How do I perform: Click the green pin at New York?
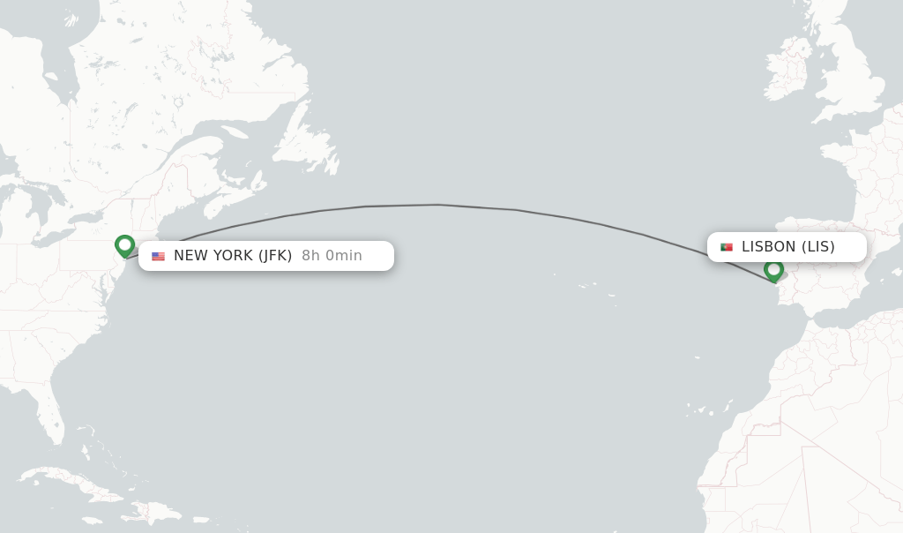point(124,244)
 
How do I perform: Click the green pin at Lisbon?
point(773,269)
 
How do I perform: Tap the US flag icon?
point(158,256)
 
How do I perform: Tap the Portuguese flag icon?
point(727,247)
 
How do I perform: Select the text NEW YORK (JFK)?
point(233,256)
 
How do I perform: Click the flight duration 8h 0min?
point(332,256)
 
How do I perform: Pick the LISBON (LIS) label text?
point(787,247)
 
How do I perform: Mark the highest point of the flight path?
point(437,205)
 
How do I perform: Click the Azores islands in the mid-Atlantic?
point(586,285)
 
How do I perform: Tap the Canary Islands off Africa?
point(705,410)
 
